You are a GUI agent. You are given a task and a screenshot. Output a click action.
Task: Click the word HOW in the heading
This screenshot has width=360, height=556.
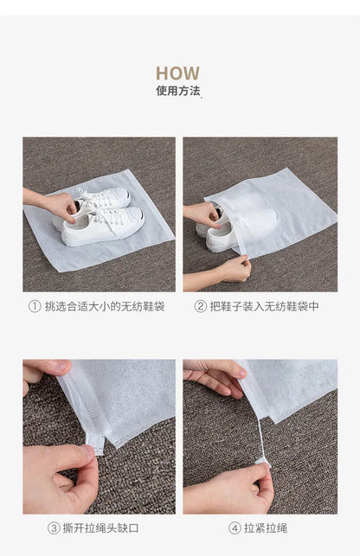(x=177, y=73)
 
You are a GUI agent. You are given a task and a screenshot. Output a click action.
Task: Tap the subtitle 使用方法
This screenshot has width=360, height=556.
(x=177, y=91)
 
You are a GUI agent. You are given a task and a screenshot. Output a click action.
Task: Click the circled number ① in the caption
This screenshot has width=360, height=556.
(x=35, y=306)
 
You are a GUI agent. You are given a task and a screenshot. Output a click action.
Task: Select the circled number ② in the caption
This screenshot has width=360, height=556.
(x=201, y=306)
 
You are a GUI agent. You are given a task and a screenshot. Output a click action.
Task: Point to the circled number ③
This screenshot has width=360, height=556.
(x=54, y=527)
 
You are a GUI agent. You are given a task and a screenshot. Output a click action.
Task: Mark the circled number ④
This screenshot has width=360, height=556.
(x=235, y=527)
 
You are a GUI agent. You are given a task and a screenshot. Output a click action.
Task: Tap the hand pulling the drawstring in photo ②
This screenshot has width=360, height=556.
(x=230, y=270)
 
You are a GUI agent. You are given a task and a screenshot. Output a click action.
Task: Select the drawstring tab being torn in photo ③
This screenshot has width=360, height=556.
(x=96, y=442)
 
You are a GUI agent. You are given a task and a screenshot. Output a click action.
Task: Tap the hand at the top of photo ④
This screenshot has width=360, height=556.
(x=213, y=374)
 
